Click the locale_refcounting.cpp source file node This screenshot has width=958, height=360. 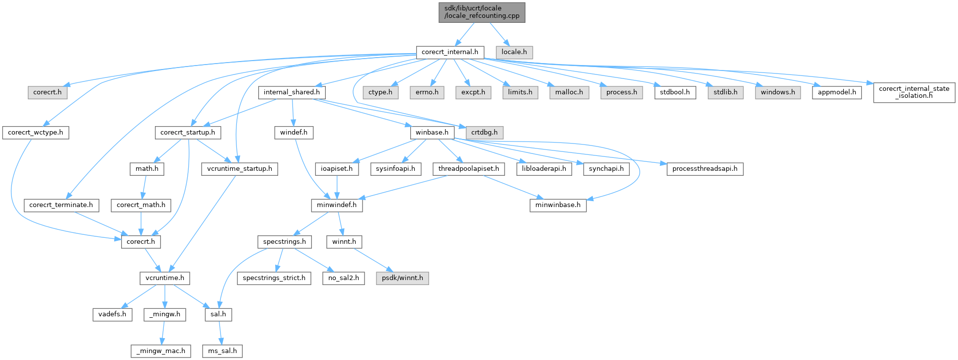pos(482,12)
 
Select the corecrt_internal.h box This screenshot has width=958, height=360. pos(449,52)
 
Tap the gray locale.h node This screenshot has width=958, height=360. pos(514,52)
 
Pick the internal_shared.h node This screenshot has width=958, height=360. pos(292,92)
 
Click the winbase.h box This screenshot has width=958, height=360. pos(432,133)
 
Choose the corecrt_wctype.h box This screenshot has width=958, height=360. pos(36,133)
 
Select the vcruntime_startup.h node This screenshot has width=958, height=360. pos(239,169)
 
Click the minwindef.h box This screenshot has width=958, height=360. pos(337,205)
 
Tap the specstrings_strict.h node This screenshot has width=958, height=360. pos(274,278)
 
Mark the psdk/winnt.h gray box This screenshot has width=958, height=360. pos(402,278)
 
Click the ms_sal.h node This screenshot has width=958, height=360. pos(222,351)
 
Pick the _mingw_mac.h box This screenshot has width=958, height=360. pos(161,351)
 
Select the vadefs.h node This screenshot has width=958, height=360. pos(112,314)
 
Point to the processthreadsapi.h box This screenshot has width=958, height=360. pos(705,169)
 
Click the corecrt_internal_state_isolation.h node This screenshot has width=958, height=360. pos(914,92)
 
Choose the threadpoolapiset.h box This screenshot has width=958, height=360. pos(469,169)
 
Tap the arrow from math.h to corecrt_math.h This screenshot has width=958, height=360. pos(143,187)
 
